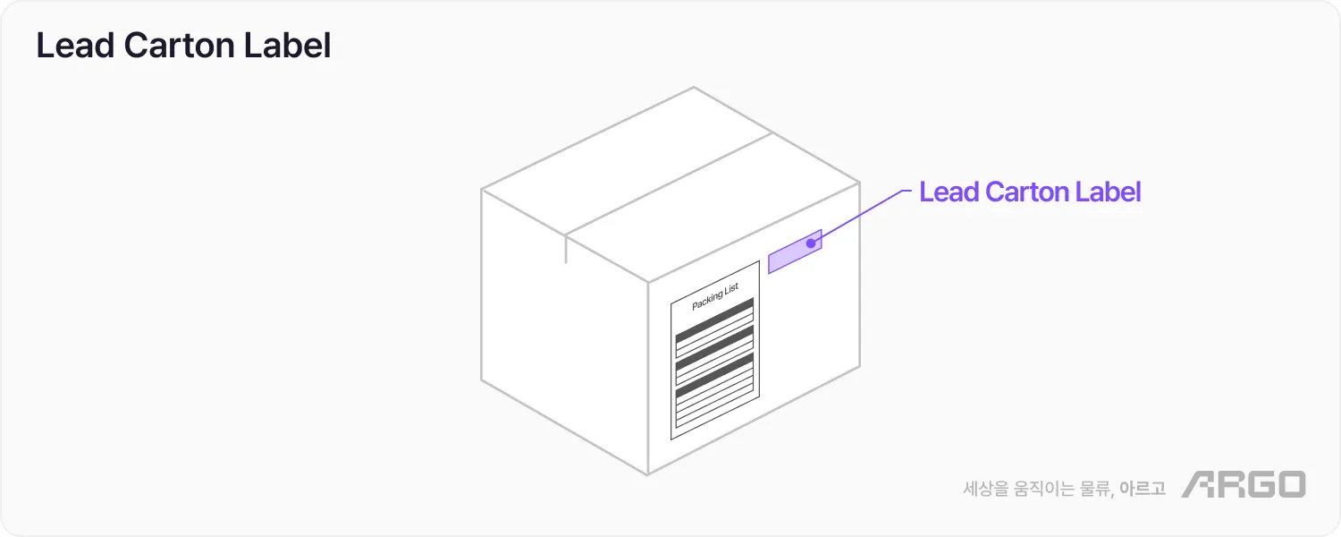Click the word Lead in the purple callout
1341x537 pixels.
(x=949, y=192)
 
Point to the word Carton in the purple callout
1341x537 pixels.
(x=1025, y=192)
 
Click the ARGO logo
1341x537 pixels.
(x=1243, y=484)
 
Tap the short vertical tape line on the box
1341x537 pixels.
(x=566, y=250)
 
